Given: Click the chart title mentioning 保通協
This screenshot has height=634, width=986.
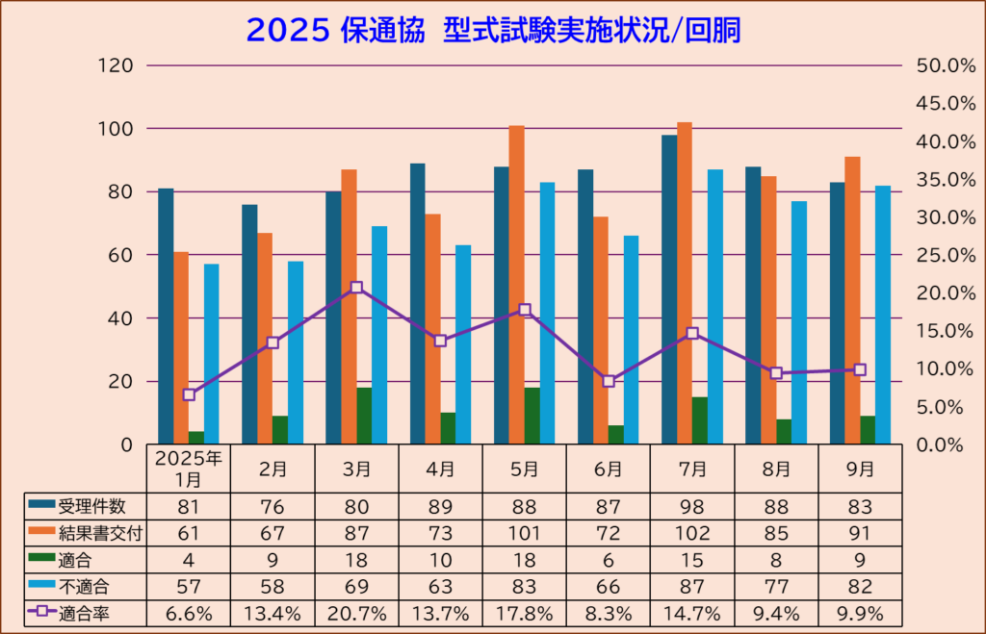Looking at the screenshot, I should click(x=493, y=31).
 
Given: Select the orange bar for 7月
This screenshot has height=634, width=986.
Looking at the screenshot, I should click(x=685, y=283).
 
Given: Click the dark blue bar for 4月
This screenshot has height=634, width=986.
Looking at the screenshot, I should click(x=417, y=303).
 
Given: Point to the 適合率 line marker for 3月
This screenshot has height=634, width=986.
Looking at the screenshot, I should click(x=357, y=288).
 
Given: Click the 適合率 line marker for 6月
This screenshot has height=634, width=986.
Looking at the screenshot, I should click(x=609, y=381).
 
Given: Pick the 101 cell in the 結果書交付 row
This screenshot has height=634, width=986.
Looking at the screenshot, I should click(x=525, y=533).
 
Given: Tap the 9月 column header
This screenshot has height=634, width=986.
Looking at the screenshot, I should click(x=860, y=469).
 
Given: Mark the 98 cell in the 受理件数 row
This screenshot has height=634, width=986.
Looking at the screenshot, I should click(x=692, y=506).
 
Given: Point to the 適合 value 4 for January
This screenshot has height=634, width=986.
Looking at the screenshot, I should click(x=189, y=559).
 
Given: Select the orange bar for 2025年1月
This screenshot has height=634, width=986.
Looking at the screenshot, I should click(x=181, y=347).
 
